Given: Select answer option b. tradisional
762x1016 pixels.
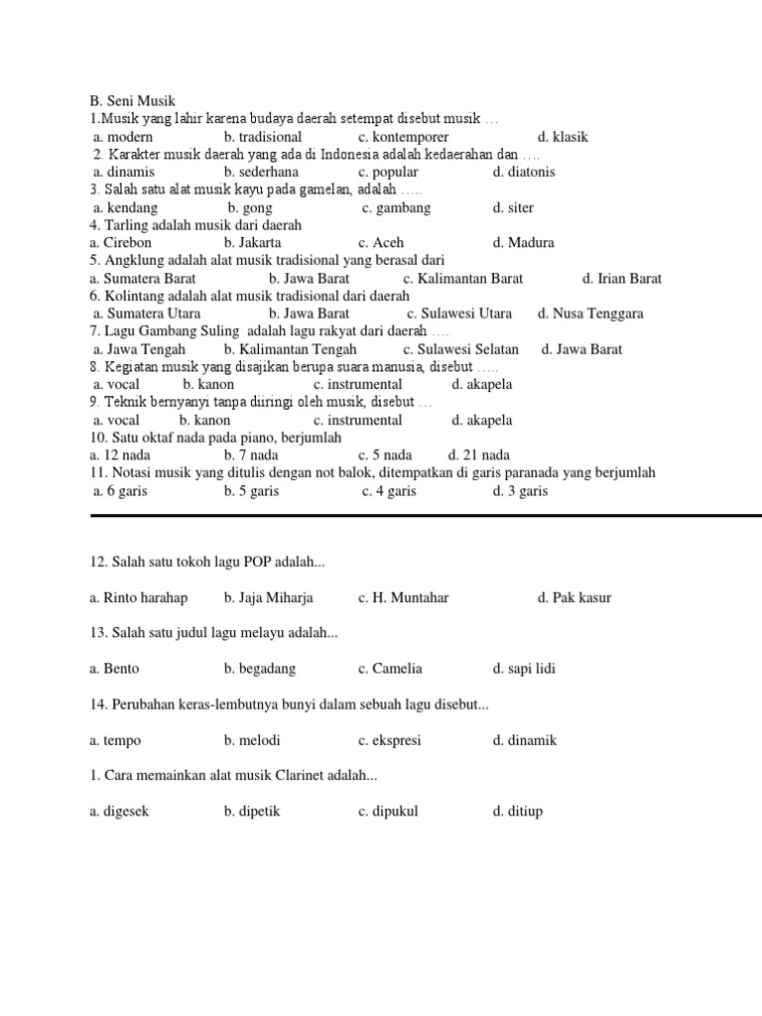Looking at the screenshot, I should (263, 137).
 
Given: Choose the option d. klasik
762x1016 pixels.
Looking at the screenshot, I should (563, 137).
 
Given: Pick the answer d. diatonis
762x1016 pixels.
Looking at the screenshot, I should (524, 172).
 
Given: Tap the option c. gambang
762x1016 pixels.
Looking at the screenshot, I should (396, 207).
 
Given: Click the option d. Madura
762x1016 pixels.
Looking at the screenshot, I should (523, 242).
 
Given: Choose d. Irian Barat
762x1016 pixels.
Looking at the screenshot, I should (622, 279).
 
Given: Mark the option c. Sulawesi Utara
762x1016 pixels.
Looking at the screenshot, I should (459, 314).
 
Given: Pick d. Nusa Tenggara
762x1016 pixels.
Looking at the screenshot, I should (590, 314).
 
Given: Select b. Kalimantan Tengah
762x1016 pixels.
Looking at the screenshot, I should (291, 349).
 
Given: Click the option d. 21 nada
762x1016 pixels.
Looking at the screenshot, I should (479, 455).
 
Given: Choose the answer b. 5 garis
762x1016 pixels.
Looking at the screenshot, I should (251, 491).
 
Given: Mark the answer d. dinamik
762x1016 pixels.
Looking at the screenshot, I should (524, 740).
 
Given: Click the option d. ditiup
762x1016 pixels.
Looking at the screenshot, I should (517, 812).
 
